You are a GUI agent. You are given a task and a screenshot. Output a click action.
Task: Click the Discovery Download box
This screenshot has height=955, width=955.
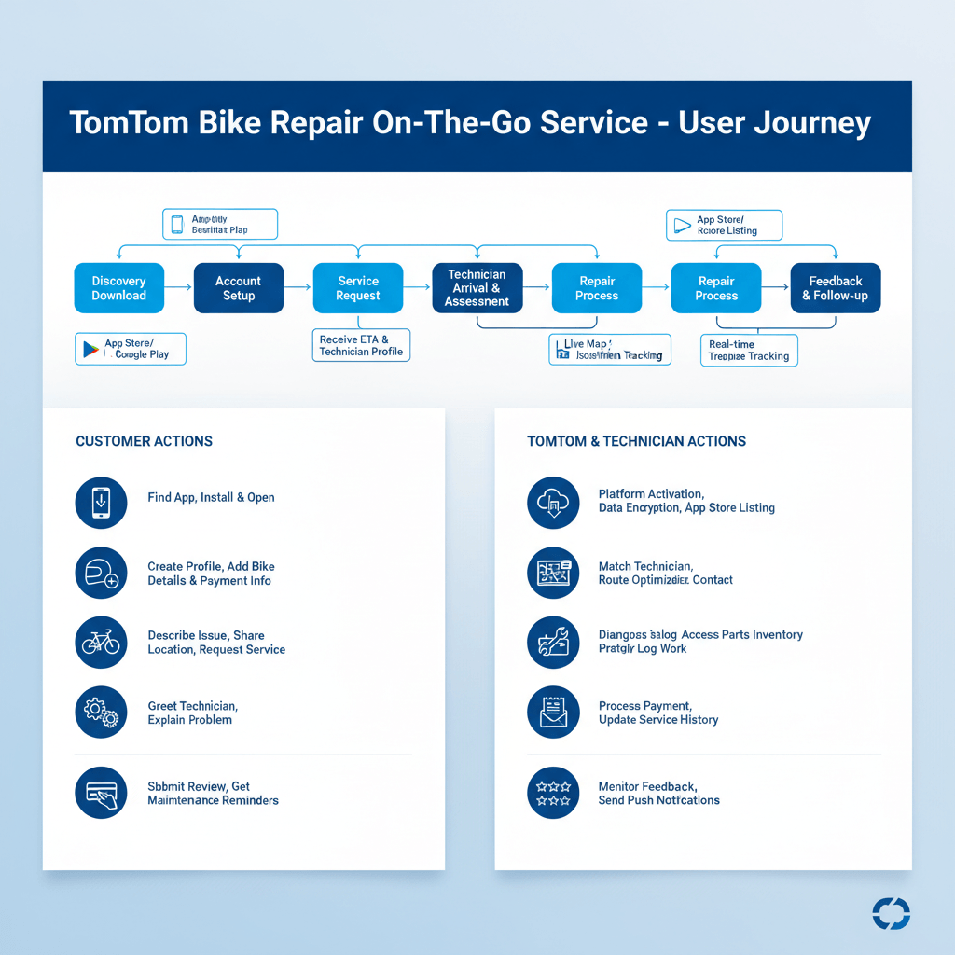118,288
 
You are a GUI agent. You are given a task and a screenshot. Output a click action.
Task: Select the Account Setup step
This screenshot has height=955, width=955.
238,288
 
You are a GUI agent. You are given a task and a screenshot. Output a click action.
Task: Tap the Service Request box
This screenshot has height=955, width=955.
358,288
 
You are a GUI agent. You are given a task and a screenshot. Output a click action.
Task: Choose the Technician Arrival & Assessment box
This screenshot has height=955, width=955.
477,288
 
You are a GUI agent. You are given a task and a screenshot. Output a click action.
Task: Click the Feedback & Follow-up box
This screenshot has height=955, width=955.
836,288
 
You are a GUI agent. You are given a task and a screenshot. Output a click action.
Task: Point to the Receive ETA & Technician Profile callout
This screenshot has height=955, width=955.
360,345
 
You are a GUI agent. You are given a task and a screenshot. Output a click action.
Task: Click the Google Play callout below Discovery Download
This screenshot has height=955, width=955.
131,350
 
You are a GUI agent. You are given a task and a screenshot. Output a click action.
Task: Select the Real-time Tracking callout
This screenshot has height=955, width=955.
748,351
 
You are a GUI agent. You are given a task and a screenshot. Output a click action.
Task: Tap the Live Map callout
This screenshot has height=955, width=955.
610,350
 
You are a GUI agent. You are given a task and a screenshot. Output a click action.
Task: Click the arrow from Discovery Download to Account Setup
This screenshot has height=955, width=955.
179,288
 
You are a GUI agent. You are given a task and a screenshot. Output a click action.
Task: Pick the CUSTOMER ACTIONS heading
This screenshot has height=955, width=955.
144,441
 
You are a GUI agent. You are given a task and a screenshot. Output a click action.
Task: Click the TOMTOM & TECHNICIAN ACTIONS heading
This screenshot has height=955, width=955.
636,441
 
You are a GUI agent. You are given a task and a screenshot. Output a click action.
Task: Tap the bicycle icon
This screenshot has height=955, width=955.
101,643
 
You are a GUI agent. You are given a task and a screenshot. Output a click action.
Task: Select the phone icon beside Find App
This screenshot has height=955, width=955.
101,503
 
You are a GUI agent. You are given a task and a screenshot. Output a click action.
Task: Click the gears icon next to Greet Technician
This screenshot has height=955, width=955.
101,713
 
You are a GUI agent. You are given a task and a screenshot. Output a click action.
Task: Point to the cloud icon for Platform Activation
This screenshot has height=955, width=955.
553,503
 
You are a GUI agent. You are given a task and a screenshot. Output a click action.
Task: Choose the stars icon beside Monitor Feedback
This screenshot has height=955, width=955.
553,794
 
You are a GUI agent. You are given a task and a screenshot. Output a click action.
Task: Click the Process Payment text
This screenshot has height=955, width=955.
644,706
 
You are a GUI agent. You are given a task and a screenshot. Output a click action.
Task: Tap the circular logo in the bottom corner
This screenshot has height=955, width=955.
891,913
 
